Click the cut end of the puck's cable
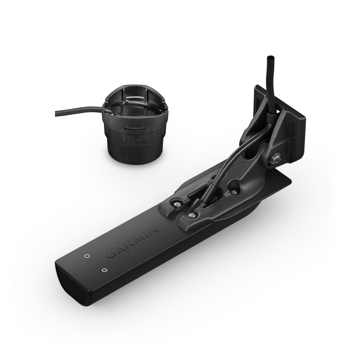(x=56, y=113)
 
